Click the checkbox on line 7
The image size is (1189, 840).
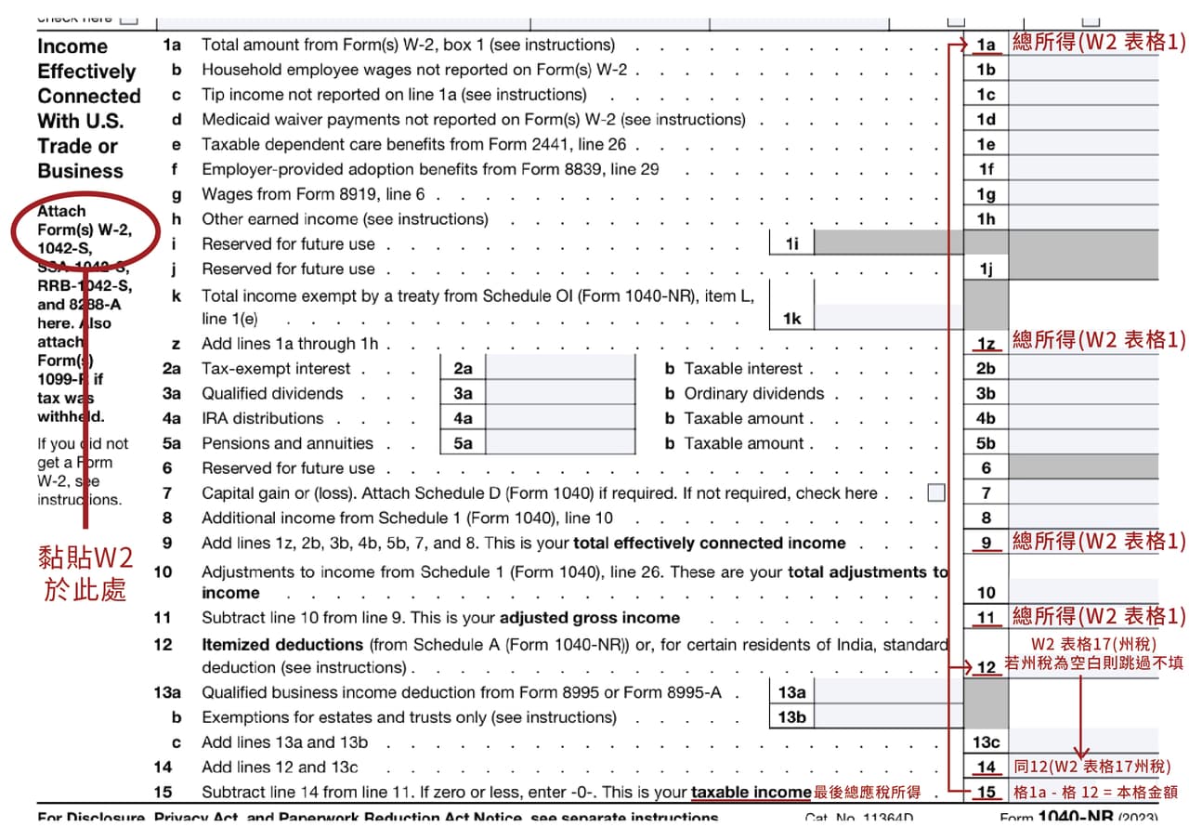936,493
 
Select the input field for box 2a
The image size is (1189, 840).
561,369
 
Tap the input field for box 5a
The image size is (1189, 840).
561,443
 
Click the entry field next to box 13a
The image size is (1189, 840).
889,692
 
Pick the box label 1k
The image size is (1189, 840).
791,319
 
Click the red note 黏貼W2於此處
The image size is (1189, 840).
85,572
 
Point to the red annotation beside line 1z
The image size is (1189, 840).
1099,340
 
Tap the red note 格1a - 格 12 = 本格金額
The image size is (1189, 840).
1096,793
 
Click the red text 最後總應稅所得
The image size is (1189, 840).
868,793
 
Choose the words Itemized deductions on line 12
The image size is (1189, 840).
282,644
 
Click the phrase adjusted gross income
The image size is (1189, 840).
590,618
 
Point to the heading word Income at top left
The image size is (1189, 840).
72,46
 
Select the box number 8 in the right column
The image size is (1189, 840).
986,518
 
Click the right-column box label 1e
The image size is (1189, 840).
986,144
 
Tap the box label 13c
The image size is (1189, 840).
986,742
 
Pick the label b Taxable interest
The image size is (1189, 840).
734,369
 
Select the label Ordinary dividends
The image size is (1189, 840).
754,394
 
